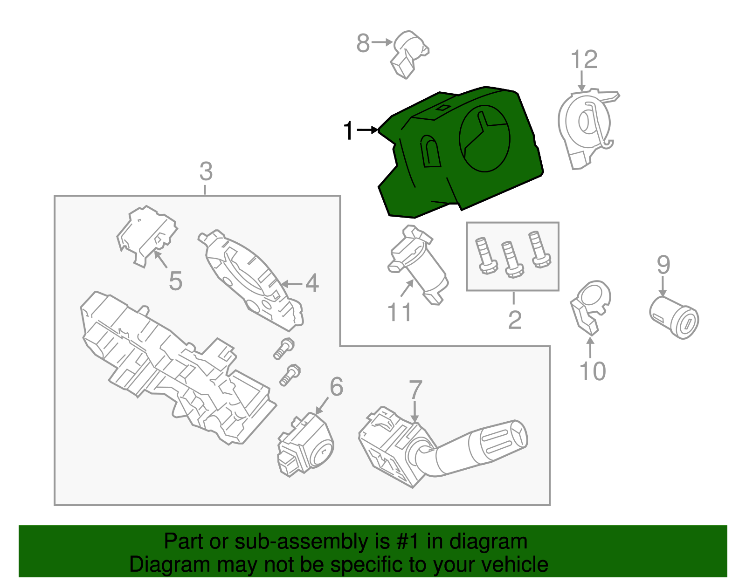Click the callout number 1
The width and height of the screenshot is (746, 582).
tap(348, 131)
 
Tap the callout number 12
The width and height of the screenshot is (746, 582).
tap(584, 60)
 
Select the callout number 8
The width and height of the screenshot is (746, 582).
tap(363, 43)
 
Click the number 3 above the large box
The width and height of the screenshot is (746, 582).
tap(206, 171)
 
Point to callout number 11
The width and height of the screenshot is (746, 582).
tap(400, 312)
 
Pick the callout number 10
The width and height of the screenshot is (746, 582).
tap(592, 371)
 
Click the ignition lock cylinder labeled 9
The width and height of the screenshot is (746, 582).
tap(674, 317)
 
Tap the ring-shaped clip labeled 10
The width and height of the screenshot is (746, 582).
tap(590, 305)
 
